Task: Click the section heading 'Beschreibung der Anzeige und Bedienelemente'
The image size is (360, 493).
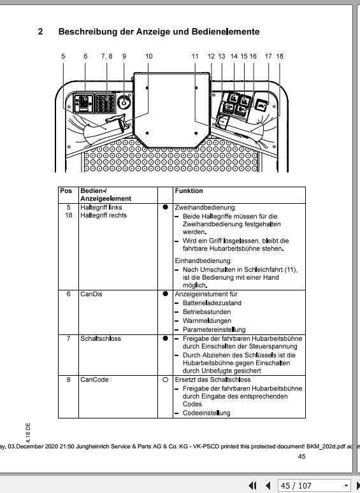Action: [159, 31]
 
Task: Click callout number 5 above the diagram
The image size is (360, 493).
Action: [64, 57]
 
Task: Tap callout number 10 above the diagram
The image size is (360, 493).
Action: [149, 57]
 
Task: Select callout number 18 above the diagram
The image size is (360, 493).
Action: [279, 57]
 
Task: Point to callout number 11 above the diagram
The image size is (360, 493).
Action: [195, 57]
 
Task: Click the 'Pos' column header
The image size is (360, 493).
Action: [66, 191]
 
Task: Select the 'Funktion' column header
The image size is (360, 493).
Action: [189, 191]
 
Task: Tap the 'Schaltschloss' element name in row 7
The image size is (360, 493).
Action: [100, 338]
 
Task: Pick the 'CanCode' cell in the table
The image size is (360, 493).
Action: [94, 380]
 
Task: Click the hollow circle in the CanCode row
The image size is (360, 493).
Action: [165, 380]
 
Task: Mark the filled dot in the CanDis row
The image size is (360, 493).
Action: [165, 294]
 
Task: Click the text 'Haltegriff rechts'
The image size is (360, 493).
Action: [103, 215]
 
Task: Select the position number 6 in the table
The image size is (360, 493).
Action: [68, 294]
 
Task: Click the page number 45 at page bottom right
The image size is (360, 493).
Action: [302, 456]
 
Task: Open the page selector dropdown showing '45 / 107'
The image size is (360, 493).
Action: [315, 485]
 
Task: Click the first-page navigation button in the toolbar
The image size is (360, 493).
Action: [253, 485]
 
